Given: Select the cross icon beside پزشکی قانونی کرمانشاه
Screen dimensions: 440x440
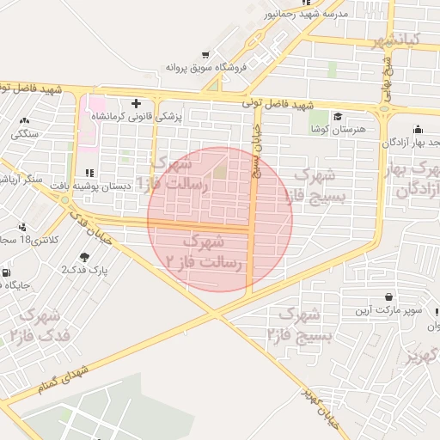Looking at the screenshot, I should pos(136,103).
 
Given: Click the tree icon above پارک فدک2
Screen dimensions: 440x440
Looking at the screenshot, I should pos(83,257).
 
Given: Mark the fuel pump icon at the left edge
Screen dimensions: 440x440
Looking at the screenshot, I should pos(6,273).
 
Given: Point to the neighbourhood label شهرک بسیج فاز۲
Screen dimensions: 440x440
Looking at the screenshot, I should pos(292,322).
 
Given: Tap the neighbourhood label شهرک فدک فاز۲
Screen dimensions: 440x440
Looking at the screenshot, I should pos(37,323).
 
